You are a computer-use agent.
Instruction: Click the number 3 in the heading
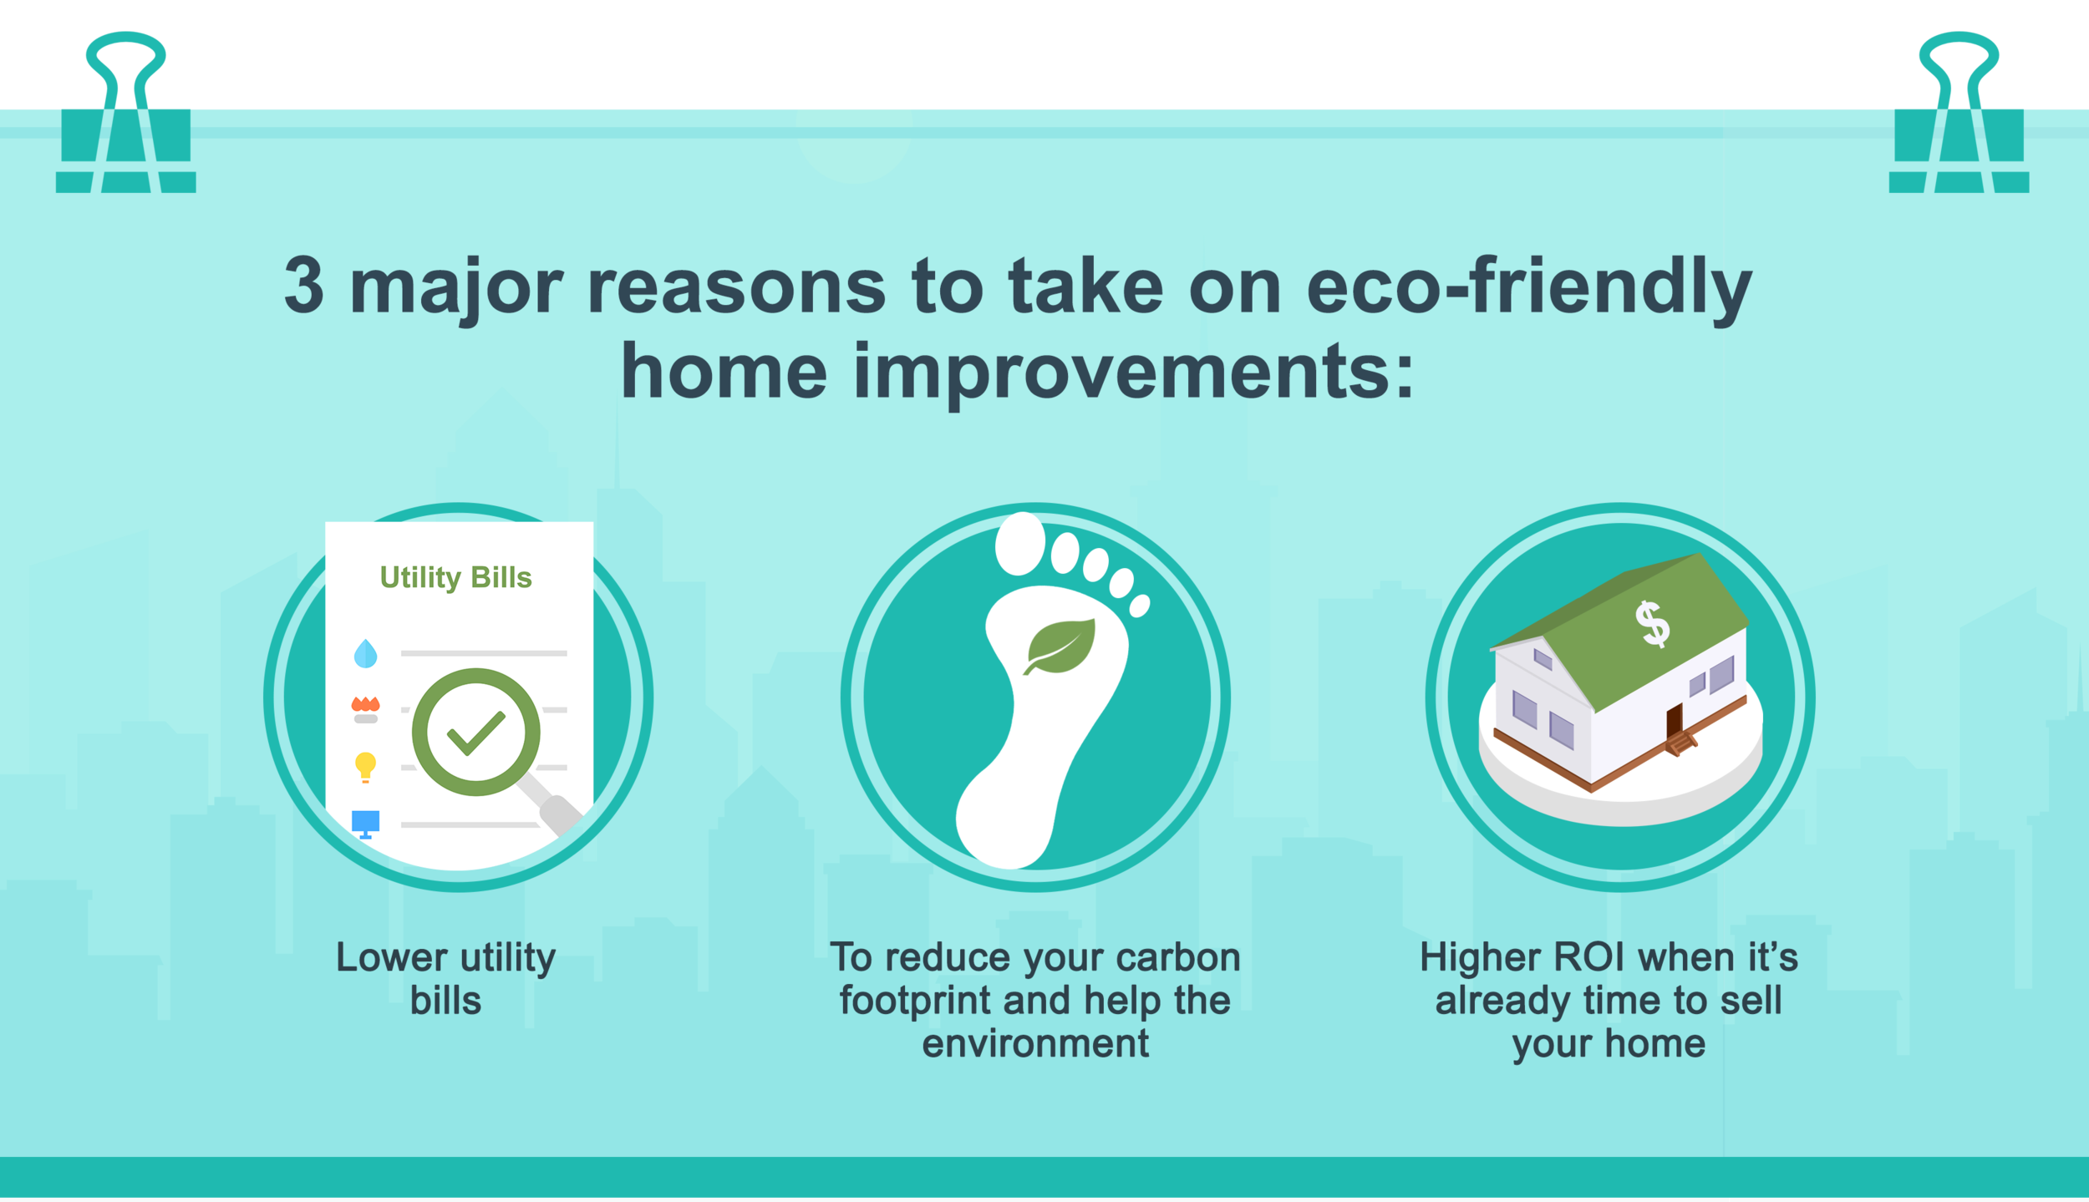pyautogui.click(x=304, y=286)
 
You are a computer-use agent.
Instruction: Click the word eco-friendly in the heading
pyautogui.click(x=1528, y=286)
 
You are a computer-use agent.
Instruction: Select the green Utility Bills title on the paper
pyautogui.click(x=455, y=577)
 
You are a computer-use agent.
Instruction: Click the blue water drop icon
pyautogui.click(x=365, y=653)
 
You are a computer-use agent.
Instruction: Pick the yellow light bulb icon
pyautogui.click(x=365, y=766)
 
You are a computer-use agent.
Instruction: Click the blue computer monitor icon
pyautogui.click(x=365, y=823)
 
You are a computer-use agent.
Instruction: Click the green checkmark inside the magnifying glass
pyautogui.click(x=475, y=733)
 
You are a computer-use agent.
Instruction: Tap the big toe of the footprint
pyautogui.click(x=1020, y=545)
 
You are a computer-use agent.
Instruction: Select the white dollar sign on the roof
pyautogui.click(x=1652, y=624)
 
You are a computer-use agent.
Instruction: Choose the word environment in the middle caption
pyautogui.click(x=1035, y=1044)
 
